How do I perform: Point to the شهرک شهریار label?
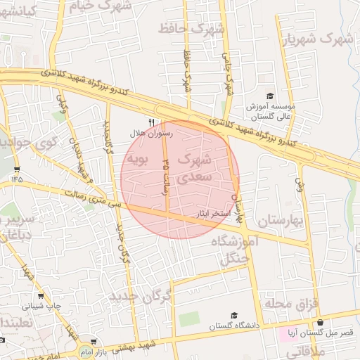point(316,39)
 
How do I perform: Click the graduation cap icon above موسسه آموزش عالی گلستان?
point(269,96)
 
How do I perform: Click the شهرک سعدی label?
point(193,168)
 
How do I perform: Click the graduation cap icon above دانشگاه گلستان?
point(233,316)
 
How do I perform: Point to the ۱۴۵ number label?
point(17,179)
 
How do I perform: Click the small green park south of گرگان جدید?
point(189,319)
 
